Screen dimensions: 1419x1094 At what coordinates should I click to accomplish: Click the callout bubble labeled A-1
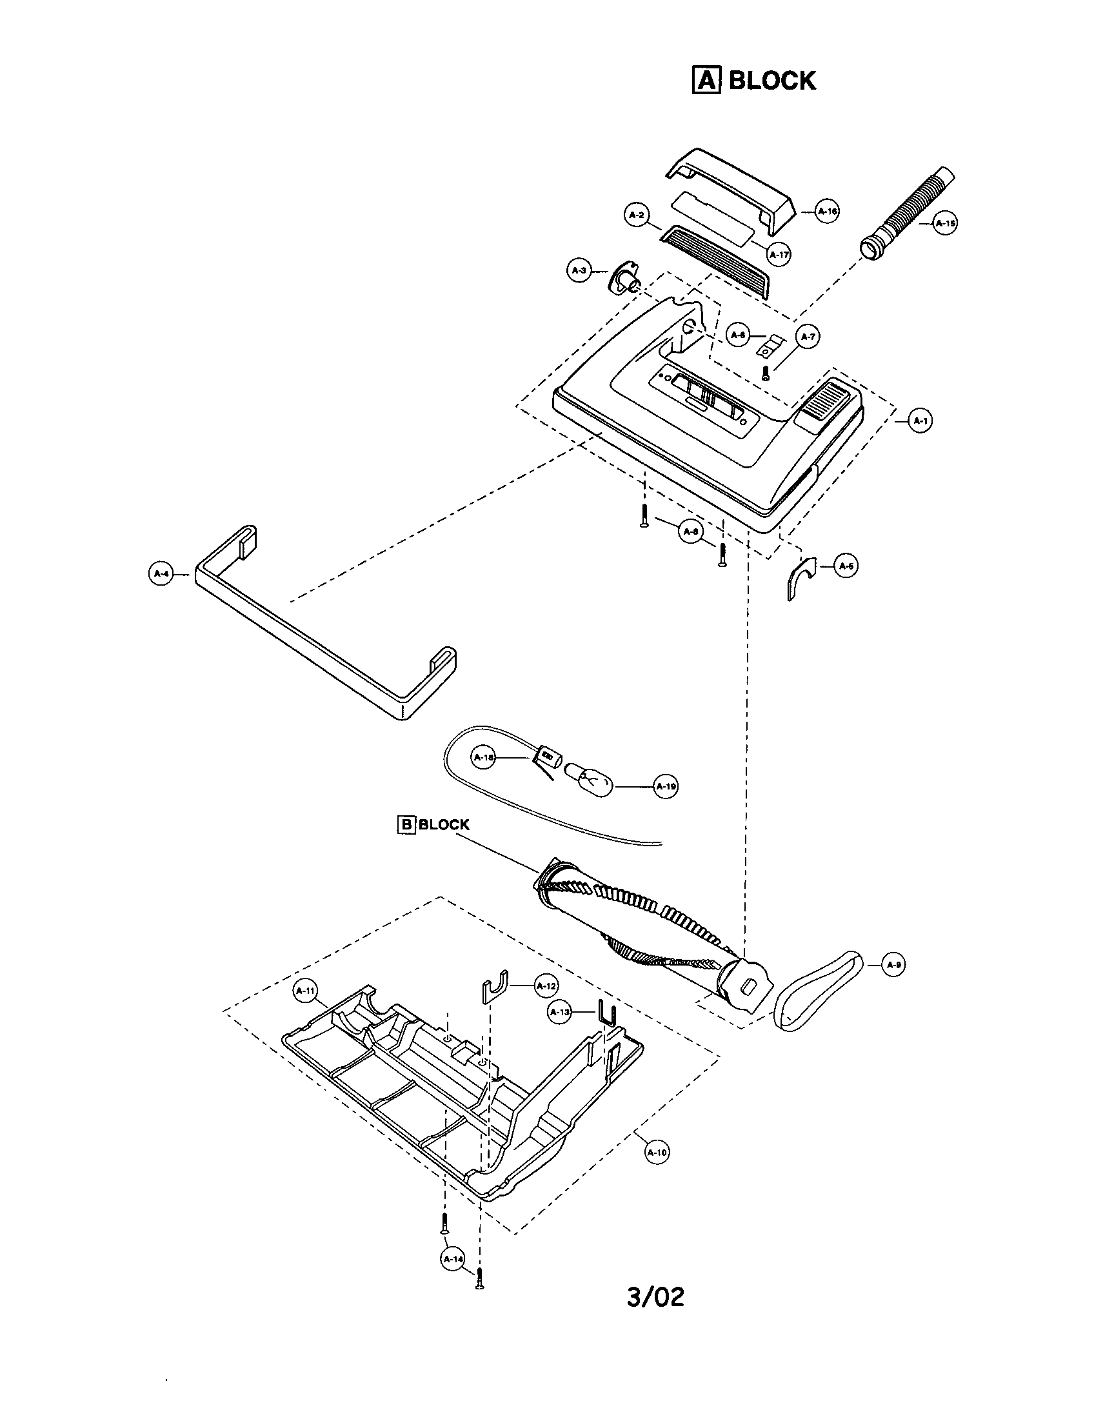919,421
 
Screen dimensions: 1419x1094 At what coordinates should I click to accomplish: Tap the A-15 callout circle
945,223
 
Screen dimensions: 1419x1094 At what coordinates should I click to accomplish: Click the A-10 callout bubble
656,1153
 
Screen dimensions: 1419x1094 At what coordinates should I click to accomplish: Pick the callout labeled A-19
666,786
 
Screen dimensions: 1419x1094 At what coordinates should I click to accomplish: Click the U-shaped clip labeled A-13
606,1013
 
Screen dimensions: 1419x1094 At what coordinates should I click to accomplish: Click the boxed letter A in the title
706,81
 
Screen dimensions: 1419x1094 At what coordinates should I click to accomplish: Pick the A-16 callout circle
826,211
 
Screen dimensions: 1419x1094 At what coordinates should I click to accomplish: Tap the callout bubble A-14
453,1258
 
